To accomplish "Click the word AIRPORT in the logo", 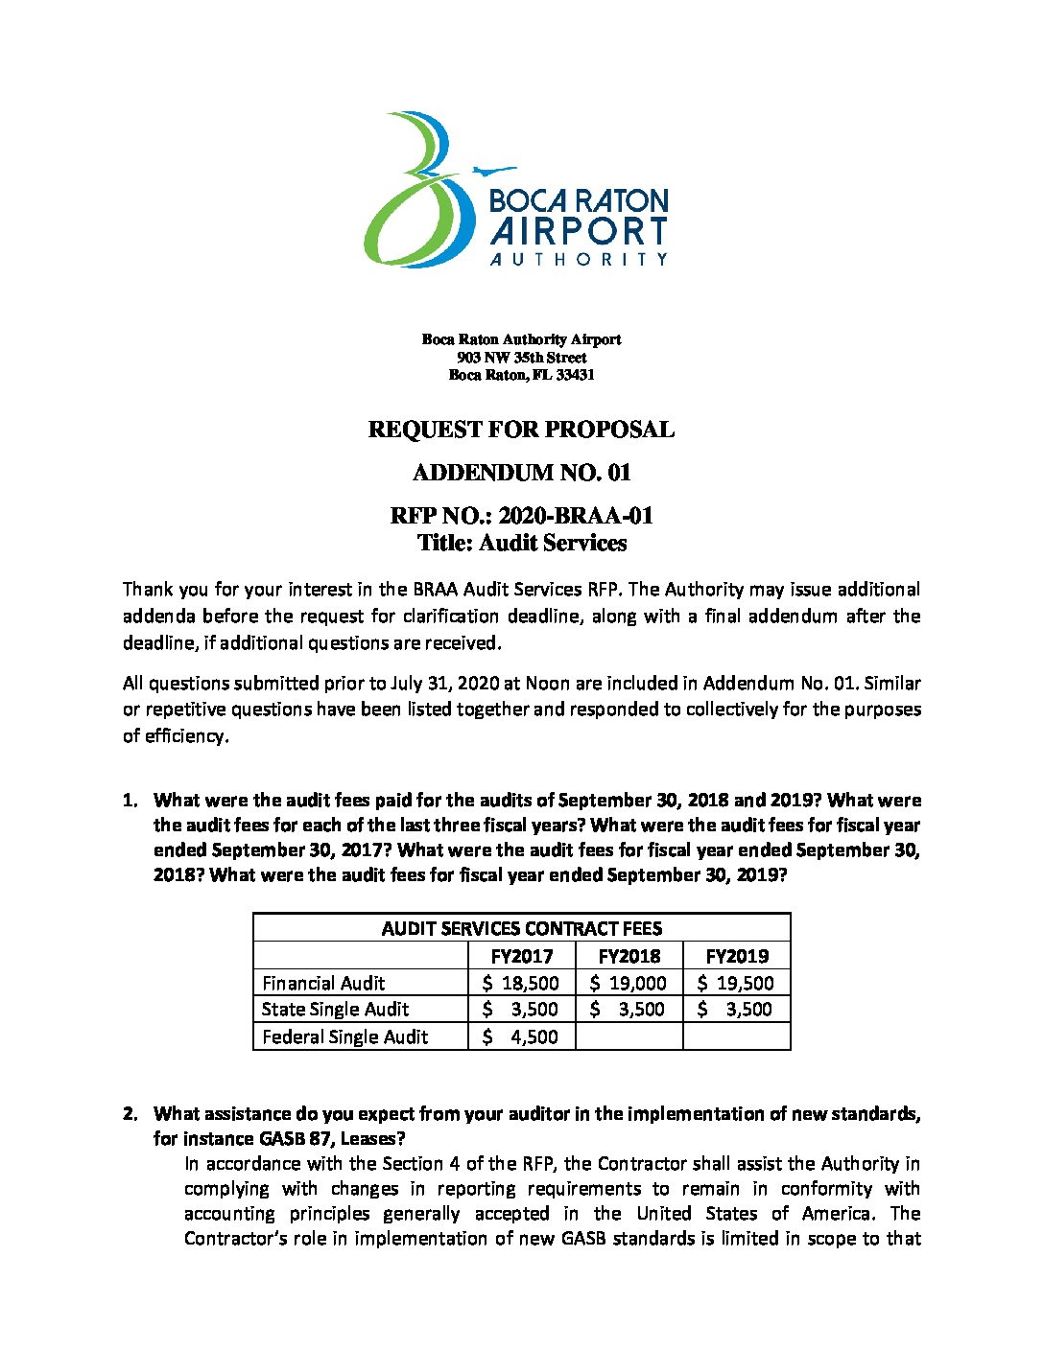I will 579,232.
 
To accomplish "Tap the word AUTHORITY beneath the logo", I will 579,259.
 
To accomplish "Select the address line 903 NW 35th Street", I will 522,357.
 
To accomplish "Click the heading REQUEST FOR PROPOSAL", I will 521,430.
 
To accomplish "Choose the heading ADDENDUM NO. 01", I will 521,473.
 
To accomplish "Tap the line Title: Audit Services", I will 522,543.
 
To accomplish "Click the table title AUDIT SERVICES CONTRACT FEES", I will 521,928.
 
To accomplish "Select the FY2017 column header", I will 522,956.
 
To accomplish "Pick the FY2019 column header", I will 737,956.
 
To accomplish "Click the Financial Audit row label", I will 323,983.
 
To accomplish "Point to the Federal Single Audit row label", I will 344,1036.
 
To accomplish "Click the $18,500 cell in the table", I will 522,983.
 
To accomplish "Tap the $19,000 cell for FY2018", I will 629,983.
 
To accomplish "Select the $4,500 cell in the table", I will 522,1036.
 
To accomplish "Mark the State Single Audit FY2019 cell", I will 737,1010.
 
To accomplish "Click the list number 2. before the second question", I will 131,1114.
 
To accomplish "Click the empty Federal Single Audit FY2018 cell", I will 629,1036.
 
